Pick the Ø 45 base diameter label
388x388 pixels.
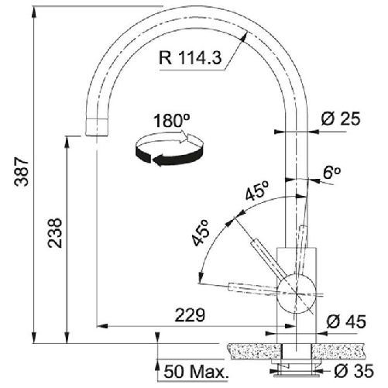click(x=344, y=321)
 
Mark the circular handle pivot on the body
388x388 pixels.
click(x=292, y=287)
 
